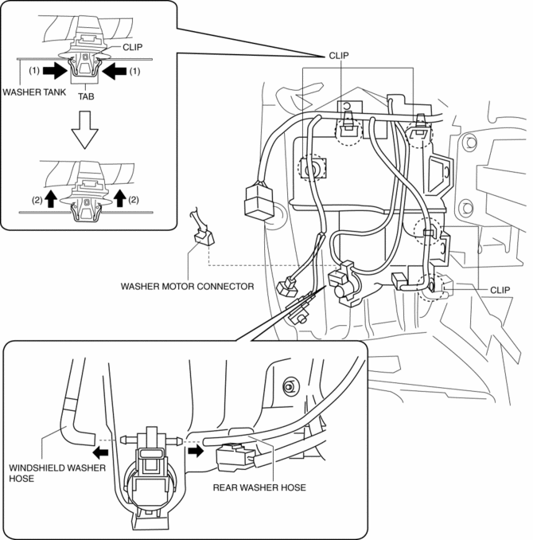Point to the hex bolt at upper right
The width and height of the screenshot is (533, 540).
pyautogui.click(x=469, y=144)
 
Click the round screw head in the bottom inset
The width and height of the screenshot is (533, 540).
pyautogui.click(x=288, y=386)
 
